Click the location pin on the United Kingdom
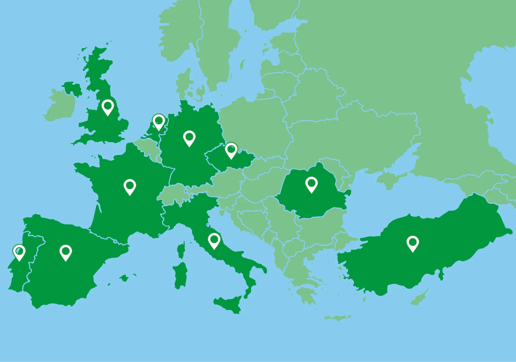tap(108, 107)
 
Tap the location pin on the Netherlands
tap(159, 121)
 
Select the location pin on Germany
tap(189, 138)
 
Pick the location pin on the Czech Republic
tap(231, 150)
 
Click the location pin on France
tap(130, 186)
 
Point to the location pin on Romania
tap(311, 184)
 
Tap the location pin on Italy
tap(214, 240)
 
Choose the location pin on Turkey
tap(413, 243)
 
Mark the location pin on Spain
tap(66, 252)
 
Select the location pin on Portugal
tap(19, 252)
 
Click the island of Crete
tap(337, 318)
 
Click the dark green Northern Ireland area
tap(72, 87)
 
